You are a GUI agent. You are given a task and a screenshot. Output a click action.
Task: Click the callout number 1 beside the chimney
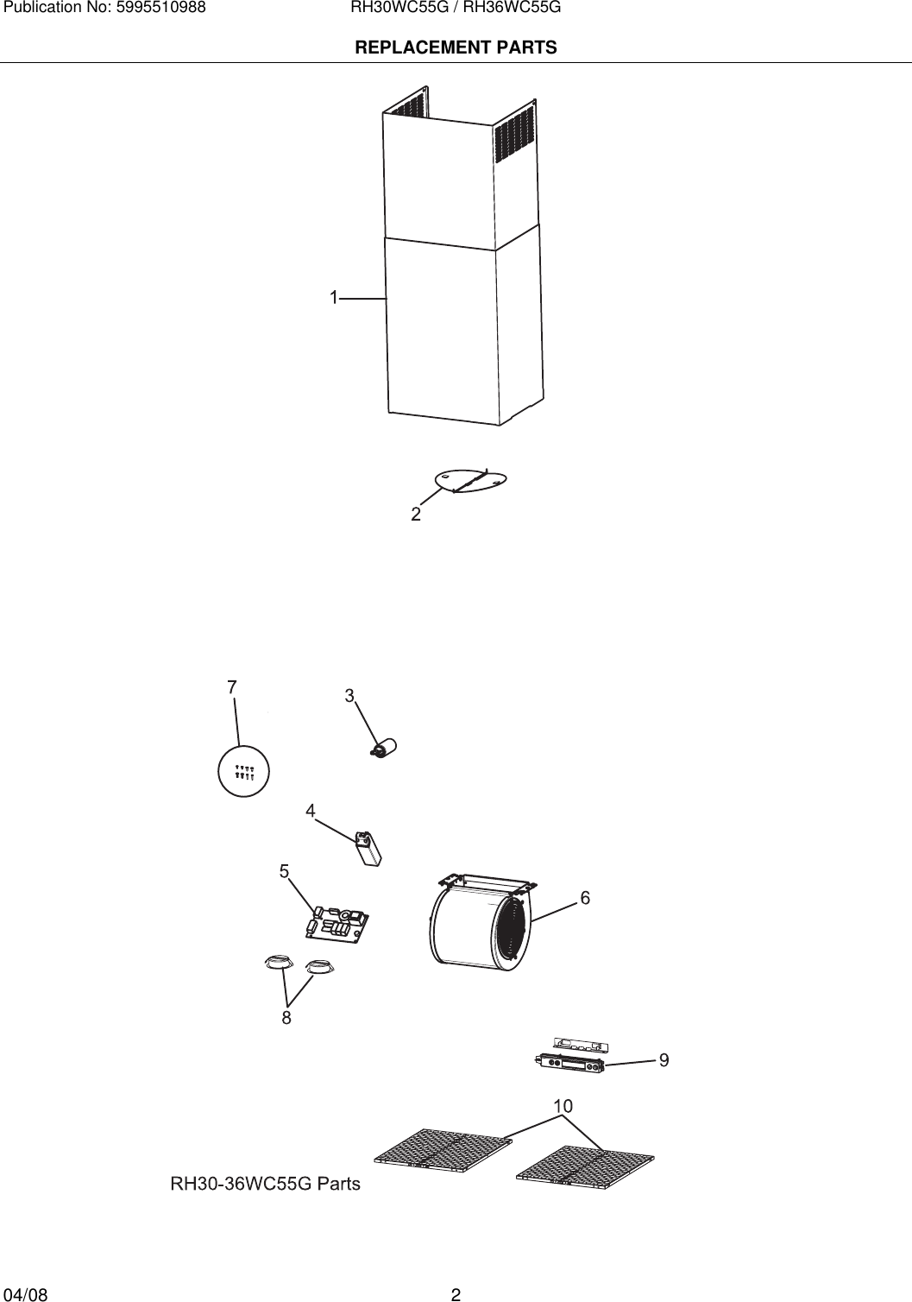tap(333, 297)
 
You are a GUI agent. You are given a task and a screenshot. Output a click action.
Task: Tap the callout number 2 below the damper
tap(416, 515)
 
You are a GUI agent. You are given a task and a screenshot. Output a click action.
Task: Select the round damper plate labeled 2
tap(471, 481)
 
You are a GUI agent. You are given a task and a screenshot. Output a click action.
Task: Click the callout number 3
tap(349, 695)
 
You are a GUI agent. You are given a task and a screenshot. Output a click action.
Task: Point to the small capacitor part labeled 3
tap(384, 747)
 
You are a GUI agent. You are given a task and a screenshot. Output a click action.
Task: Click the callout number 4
tap(310, 811)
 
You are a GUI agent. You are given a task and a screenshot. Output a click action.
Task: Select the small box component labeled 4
tap(368, 848)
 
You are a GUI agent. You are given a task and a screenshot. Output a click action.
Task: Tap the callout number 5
tap(284, 871)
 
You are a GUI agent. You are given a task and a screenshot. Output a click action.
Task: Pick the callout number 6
tap(585, 898)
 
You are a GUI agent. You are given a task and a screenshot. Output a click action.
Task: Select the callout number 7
tap(232, 687)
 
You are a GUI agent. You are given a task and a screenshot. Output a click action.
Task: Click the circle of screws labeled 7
tap(243, 770)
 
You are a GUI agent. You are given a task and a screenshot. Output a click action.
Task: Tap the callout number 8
tap(286, 1018)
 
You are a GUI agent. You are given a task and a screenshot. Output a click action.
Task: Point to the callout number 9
tap(664, 1059)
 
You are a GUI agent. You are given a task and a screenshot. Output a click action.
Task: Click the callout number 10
tap(563, 1106)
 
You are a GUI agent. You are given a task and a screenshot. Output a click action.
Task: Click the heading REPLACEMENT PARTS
tap(456, 47)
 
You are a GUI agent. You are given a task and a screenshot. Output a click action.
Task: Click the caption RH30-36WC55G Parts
tap(266, 1184)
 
